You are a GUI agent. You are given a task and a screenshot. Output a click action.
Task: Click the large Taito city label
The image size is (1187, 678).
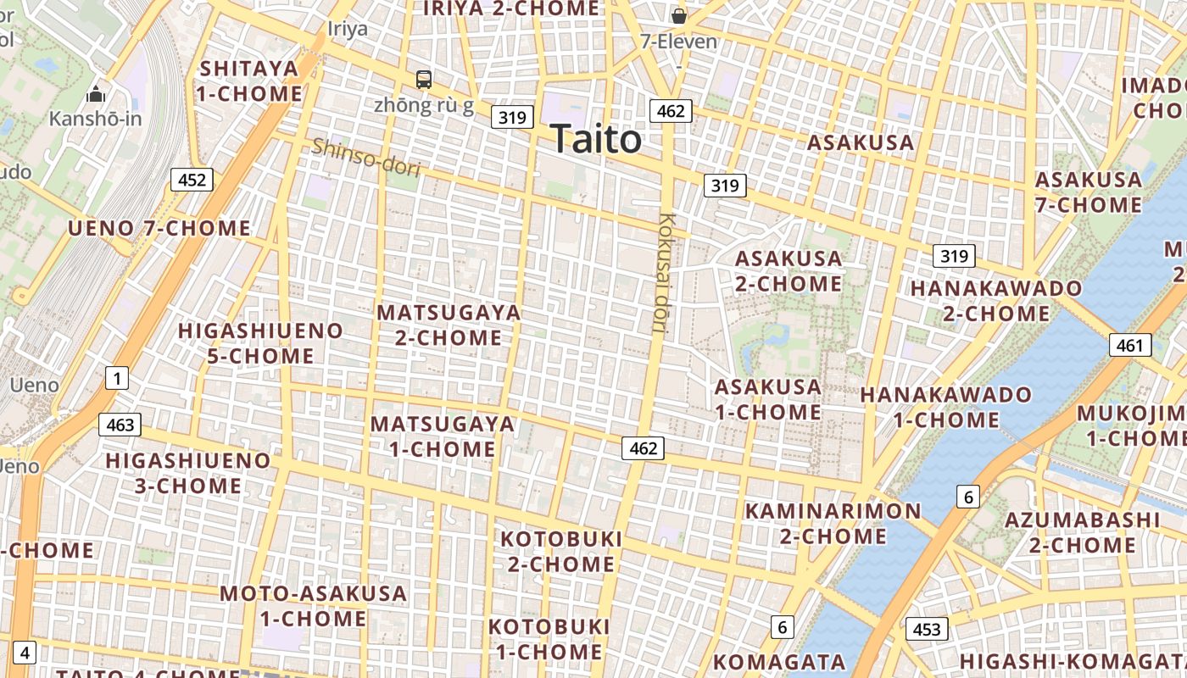595,139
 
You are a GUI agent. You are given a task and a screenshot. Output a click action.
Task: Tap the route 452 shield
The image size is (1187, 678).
192,180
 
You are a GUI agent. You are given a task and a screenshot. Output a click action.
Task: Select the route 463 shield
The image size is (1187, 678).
120,425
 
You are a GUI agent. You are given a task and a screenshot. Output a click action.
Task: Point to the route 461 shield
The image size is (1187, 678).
1129,345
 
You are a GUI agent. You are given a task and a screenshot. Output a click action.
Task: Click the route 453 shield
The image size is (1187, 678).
927,629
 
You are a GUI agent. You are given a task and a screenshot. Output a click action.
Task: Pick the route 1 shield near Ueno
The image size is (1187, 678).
117,378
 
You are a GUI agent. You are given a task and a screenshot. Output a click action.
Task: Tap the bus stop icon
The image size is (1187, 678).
424,80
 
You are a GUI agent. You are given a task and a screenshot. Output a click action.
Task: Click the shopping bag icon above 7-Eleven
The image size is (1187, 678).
678,16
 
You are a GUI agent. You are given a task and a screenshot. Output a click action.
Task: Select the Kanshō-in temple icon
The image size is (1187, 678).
96,94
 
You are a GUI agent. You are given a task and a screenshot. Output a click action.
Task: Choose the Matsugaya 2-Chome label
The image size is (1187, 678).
449,325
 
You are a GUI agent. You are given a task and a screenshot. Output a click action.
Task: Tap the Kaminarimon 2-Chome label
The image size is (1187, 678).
833,523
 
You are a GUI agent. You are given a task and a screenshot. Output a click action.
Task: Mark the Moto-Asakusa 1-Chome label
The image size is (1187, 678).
313,605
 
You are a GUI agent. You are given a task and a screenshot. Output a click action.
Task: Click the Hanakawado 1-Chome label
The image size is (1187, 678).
945,407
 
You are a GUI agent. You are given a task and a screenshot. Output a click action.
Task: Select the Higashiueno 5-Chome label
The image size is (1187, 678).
260,342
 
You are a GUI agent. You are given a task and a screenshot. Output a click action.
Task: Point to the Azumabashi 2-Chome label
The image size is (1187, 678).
1082,531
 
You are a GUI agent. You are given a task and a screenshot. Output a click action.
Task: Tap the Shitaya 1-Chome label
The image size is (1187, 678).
249,81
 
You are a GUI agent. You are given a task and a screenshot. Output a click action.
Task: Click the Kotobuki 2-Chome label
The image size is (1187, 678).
561,551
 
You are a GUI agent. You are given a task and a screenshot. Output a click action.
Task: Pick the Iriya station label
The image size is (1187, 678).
348,29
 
